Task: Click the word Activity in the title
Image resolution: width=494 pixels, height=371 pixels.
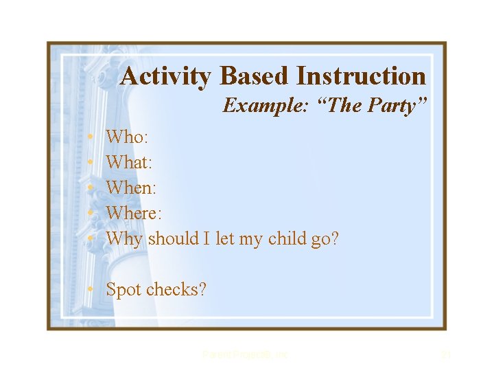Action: (x=165, y=76)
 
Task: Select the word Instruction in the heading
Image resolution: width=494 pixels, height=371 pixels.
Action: (x=362, y=76)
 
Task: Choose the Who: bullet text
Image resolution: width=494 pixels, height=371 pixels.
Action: (x=126, y=137)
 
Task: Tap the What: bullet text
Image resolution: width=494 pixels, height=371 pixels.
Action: (x=130, y=163)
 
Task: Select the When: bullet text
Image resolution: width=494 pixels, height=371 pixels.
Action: (x=130, y=188)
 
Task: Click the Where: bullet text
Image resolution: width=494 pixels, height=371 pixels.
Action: (x=133, y=214)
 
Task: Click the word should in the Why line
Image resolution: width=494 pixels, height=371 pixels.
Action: (x=172, y=239)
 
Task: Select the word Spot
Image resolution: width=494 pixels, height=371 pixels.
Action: (x=123, y=290)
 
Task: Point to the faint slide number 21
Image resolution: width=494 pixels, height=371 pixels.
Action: (x=445, y=355)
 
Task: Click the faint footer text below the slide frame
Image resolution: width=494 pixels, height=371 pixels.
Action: (x=246, y=355)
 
